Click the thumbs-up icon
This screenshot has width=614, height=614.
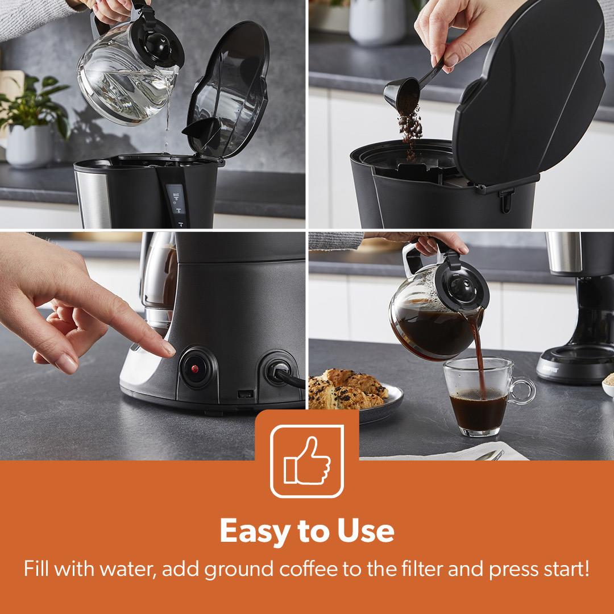coord(307,461)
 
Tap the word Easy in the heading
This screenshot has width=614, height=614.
coord(255,530)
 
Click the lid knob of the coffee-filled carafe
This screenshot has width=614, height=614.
coord(460,288)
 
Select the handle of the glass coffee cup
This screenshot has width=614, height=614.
coord(521,390)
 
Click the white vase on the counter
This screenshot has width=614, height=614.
coord(377,22)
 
